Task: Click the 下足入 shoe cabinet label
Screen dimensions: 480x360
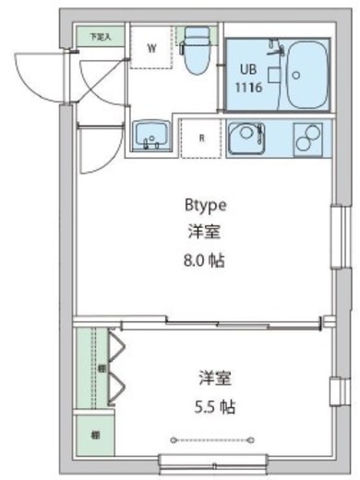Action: click(100, 37)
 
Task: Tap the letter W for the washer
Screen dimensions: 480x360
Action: click(151, 48)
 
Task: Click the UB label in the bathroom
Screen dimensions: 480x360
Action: click(248, 69)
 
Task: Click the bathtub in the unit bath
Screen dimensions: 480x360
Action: click(306, 75)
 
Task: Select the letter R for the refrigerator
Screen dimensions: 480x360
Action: click(200, 138)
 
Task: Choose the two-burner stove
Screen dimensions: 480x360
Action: click(307, 138)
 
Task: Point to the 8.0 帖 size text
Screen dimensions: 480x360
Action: click(204, 260)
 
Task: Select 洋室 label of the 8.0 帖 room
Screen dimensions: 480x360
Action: click(204, 233)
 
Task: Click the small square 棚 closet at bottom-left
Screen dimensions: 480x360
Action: click(95, 433)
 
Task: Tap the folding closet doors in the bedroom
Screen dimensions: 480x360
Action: click(117, 368)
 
